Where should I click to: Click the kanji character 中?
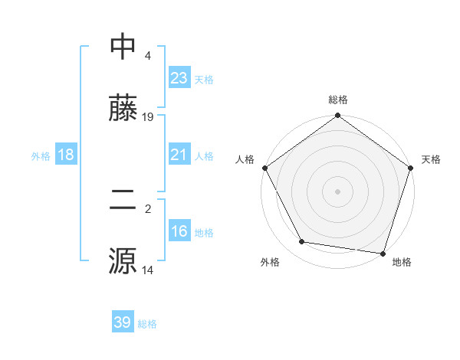(123, 47)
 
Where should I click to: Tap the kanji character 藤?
(123, 108)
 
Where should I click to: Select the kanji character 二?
(123, 200)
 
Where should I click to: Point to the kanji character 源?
(123, 260)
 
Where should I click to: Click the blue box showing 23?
(179, 78)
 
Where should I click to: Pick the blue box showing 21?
(179, 155)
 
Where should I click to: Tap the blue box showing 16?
(179, 231)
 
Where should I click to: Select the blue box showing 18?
(66, 155)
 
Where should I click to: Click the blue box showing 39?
(123, 322)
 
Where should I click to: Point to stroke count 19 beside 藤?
(148, 117)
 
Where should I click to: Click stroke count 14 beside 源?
(148, 270)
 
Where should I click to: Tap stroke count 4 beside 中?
(147, 56)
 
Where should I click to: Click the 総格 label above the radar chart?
(338, 100)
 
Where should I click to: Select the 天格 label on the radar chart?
(432, 159)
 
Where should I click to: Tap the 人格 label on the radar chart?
(245, 159)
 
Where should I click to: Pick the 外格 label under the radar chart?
(270, 262)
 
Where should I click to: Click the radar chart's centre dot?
(338, 191)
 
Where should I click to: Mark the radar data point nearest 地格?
(383, 253)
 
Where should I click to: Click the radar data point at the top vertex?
(338, 116)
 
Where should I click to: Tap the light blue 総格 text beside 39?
(147, 324)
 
